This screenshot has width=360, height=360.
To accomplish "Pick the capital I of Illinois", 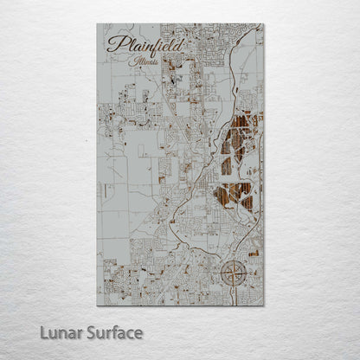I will (x=127, y=62).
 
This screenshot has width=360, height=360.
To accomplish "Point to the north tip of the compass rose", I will (x=234, y=260).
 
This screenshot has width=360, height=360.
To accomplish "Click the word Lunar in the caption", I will (x=61, y=332).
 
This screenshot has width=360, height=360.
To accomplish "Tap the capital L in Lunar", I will (x=43, y=332).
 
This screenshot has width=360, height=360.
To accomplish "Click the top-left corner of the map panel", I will (x=97, y=24).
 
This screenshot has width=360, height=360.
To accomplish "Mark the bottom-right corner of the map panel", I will (x=264, y=305).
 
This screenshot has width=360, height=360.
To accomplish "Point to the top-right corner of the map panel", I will (x=264, y=24).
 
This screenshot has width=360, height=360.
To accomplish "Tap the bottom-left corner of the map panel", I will (x=97, y=305).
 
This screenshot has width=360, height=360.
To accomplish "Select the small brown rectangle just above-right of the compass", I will (x=254, y=254).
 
